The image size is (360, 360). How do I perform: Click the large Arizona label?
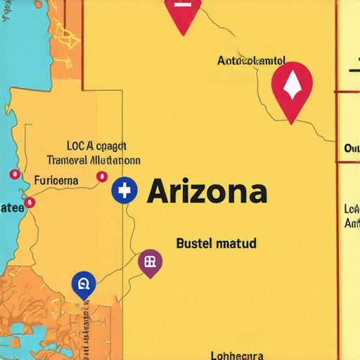coord(207,191)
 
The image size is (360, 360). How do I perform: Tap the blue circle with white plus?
coord(124,191)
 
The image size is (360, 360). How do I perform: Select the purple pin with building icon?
coord(150,263)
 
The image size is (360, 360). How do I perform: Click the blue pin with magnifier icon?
coord(83,284)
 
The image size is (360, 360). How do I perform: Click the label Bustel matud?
coord(215,244)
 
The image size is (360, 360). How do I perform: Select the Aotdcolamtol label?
coord(252,62)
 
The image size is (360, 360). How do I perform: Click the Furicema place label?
coord(56,180)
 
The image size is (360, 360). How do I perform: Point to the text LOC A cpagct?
coord(96,146)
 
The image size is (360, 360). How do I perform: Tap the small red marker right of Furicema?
coord(101,176)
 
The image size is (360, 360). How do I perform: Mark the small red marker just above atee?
coord(30,203)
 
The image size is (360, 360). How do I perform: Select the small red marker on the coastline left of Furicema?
coord(13,174)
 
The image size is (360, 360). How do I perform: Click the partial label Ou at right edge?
coord(352,148)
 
